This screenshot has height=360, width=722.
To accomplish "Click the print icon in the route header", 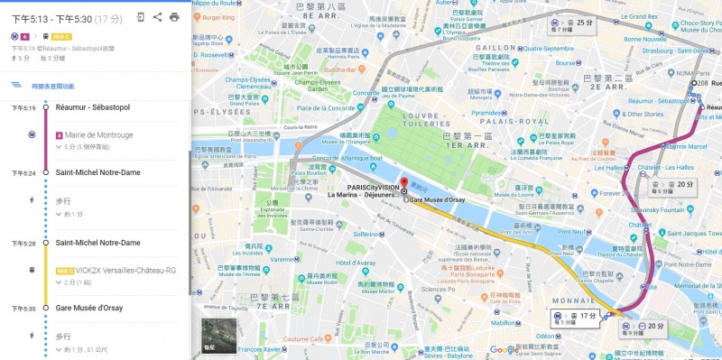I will click(x=174, y=16).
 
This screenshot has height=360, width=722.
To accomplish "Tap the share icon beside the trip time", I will click(x=157, y=16).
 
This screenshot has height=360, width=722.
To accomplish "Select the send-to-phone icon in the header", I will click(x=141, y=16).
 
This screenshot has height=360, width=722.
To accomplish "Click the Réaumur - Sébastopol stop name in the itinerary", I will click(x=93, y=107).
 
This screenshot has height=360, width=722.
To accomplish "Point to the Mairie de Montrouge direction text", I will click(x=98, y=134).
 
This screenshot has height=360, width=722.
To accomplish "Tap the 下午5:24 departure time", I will click(x=23, y=172).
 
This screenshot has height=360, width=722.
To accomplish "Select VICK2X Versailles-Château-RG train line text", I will click(x=116, y=270).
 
